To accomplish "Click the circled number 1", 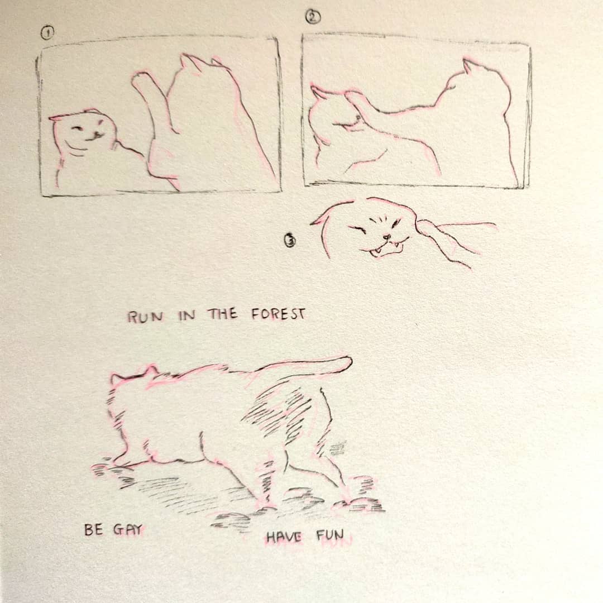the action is pyautogui.click(x=47, y=33).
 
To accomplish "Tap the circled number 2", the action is pyautogui.click(x=313, y=17).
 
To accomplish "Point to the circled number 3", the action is pyautogui.click(x=290, y=241).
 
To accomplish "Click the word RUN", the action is pyautogui.click(x=145, y=317).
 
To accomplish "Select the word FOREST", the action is pyautogui.click(x=279, y=314).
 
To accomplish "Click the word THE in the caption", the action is pyautogui.click(x=223, y=314).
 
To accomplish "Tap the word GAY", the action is pyautogui.click(x=128, y=530).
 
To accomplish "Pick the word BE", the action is pyautogui.click(x=93, y=530).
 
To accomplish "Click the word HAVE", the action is pyautogui.click(x=284, y=537).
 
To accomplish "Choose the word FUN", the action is pyautogui.click(x=330, y=535).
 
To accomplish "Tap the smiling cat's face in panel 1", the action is pyautogui.click(x=83, y=133).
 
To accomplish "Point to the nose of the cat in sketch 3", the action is pyautogui.click(x=387, y=237).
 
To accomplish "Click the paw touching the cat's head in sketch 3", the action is pyautogui.click(x=427, y=228).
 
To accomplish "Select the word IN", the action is pyautogui.click(x=187, y=315).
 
